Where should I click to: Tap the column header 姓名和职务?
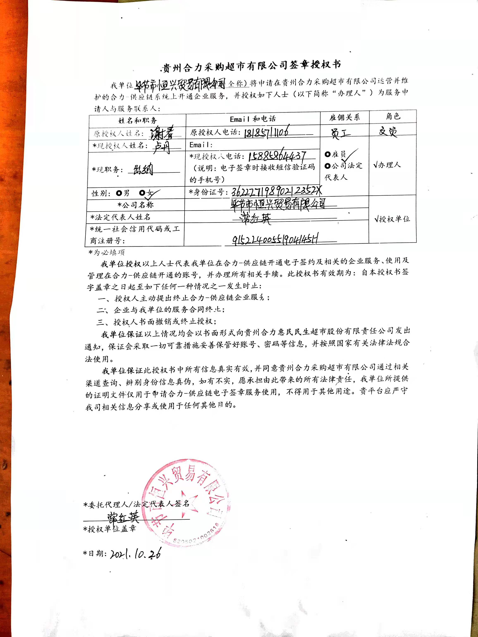[137, 120]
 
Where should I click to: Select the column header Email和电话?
[253, 119]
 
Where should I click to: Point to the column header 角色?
[393, 116]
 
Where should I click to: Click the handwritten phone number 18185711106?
[266, 132]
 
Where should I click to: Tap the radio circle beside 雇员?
[327, 154]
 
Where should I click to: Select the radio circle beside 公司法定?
[327, 166]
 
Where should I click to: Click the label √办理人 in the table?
[387, 165]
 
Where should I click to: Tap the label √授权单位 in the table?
[392, 219]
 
